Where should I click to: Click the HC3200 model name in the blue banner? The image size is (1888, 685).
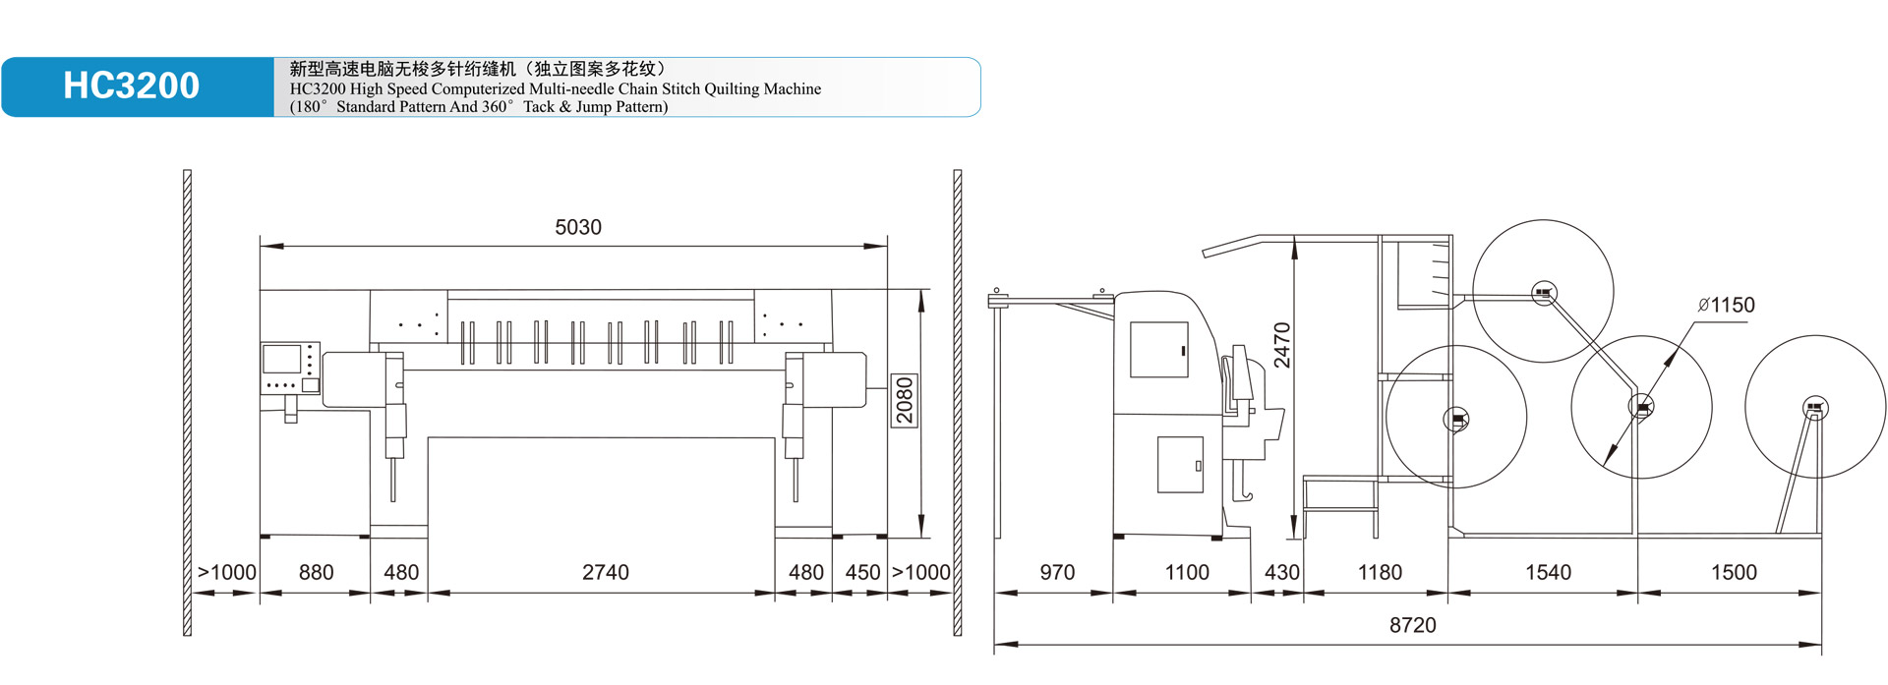[131, 86]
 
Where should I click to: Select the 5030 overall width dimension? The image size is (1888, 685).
[578, 227]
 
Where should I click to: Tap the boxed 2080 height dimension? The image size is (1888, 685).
[905, 400]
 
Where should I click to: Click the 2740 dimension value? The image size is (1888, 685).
[605, 572]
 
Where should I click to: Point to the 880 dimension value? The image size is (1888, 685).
[316, 572]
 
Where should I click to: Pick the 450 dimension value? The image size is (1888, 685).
[862, 572]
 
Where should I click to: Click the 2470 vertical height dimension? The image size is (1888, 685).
[1282, 345]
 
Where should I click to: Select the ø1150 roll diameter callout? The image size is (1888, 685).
[1726, 306]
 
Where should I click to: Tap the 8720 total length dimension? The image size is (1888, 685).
[1412, 625]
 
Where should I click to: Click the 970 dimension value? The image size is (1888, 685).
[1057, 572]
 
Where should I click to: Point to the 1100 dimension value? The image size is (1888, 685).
[1187, 572]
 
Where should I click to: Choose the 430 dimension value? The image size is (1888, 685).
[1281, 572]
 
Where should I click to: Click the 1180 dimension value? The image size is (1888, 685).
[1380, 572]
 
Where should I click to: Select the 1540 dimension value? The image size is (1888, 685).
[1548, 572]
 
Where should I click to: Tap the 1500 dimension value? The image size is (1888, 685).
[1733, 572]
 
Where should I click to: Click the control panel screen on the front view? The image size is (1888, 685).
[282, 360]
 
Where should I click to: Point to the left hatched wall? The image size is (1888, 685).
[187, 403]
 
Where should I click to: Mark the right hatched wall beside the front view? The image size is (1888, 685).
[957, 403]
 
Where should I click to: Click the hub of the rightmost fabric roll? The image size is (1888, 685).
[1815, 408]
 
